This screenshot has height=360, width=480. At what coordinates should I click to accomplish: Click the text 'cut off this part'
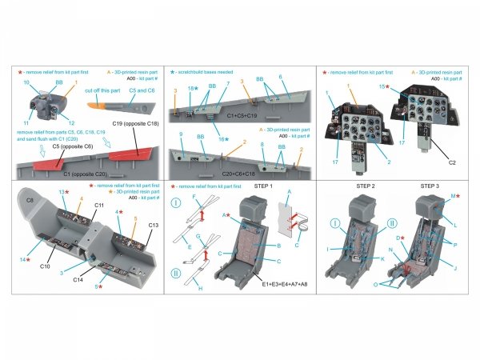coord(103,92)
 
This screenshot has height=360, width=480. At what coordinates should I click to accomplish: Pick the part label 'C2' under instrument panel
coord(452,162)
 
